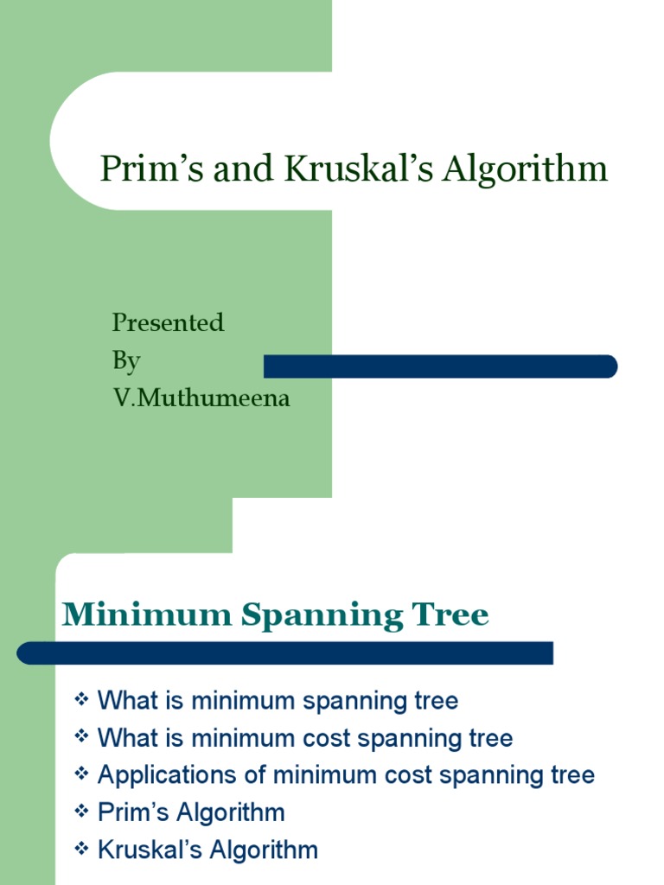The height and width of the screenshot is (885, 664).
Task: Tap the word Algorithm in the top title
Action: [526, 169]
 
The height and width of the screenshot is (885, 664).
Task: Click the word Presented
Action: [168, 322]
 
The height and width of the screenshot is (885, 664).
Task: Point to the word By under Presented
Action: [125, 360]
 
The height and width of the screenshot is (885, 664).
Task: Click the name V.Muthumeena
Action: [201, 398]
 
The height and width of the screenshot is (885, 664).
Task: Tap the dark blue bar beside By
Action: [440, 366]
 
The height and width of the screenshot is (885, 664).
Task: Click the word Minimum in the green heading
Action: [147, 615]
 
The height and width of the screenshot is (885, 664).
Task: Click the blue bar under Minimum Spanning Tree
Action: [285, 653]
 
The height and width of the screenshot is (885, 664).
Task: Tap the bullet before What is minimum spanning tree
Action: [82, 699]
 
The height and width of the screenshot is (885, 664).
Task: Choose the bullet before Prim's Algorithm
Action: [82, 811]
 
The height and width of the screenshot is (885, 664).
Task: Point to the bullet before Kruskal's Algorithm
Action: [82, 848]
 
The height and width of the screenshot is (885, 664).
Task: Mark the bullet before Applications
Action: [82, 774]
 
